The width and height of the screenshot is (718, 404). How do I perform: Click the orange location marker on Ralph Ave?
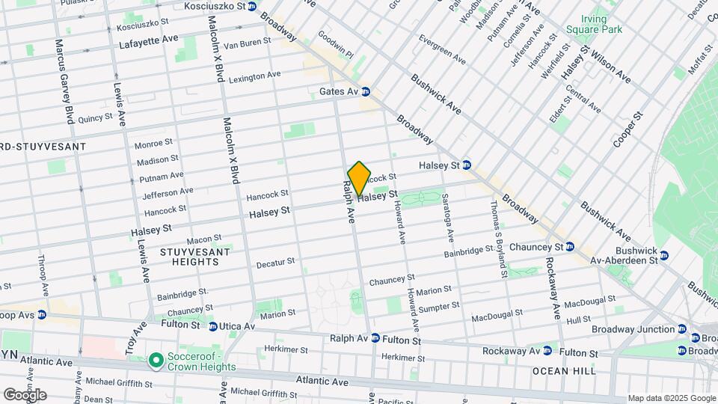click(359, 179)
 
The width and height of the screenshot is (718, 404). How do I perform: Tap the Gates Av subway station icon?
click(366, 92)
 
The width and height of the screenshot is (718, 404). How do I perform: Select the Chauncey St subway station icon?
click(570, 247)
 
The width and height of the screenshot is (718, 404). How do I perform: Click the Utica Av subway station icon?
click(213, 326)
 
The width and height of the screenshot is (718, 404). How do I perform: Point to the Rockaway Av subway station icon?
click(547, 350)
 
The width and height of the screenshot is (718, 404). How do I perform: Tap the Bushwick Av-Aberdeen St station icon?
click(664, 256)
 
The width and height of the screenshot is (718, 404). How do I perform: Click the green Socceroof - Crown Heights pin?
click(156, 361)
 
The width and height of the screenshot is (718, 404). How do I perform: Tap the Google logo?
click(25, 394)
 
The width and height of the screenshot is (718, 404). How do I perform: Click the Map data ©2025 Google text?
click(671, 398)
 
